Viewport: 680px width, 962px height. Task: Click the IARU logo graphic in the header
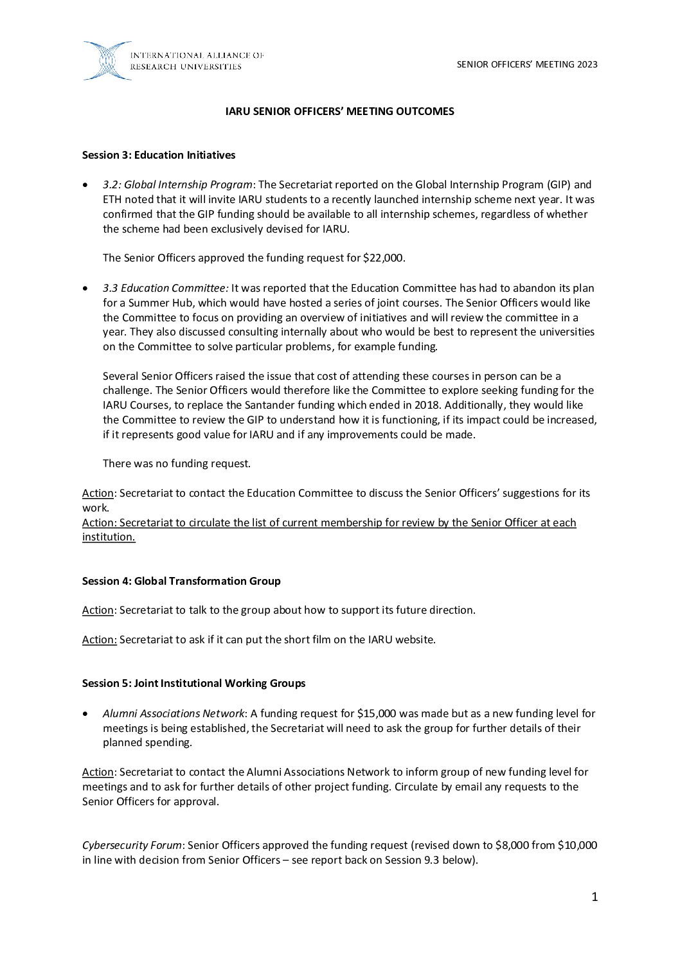pyautogui.click(x=107, y=61)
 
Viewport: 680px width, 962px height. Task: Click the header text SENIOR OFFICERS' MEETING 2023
pyautogui.click(x=527, y=64)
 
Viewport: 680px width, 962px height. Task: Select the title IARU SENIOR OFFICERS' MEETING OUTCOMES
pyautogui.click(x=339, y=112)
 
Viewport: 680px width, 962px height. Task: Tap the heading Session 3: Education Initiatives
pyautogui.click(x=159, y=156)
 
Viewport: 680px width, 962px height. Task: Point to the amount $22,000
pyautogui.click(x=384, y=258)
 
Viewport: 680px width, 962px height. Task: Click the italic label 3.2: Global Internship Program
pyautogui.click(x=177, y=185)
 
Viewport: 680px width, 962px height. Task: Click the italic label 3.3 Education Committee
pyautogui.click(x=165, y=288)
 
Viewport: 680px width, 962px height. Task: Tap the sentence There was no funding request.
pyautogui.click(x=177, y=464)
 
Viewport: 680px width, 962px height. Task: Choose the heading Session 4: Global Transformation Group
pyautogui.click(x=181, y=582)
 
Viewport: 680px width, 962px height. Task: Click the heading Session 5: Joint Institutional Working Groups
pyautogui.click(x=193, y=684)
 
